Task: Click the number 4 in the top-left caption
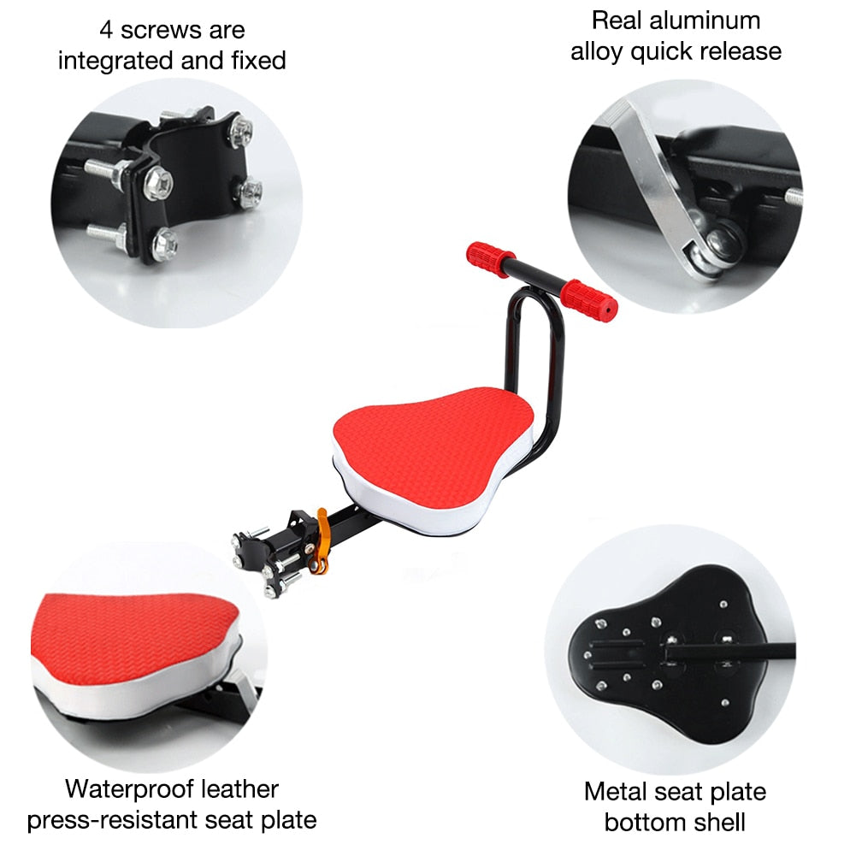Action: (107, 30)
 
